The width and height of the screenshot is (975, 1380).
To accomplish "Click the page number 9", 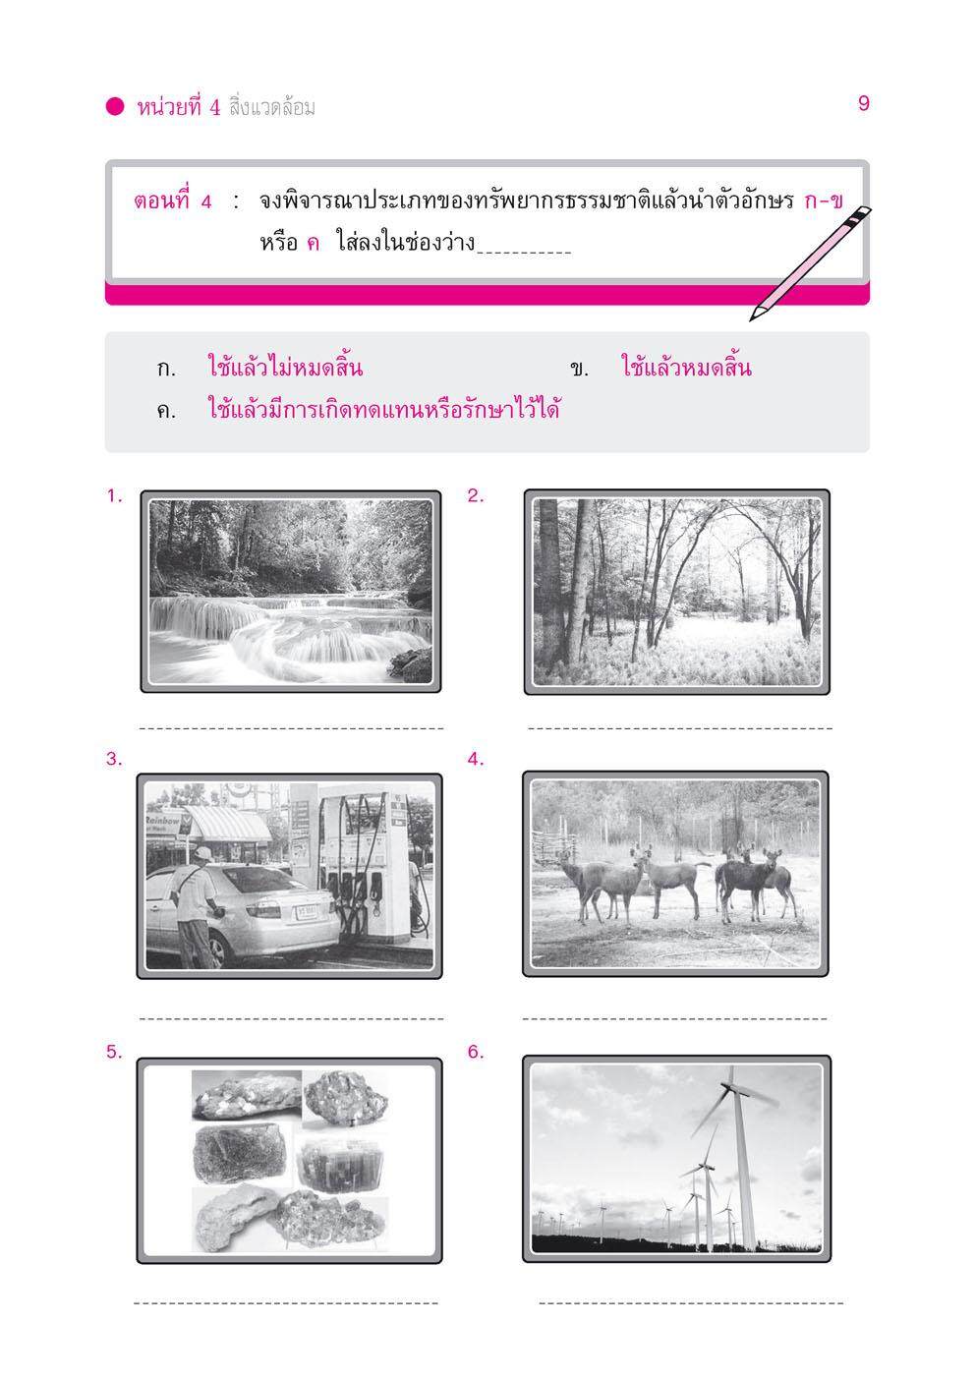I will point(863,103).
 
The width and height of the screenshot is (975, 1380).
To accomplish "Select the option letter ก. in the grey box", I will point(165,371).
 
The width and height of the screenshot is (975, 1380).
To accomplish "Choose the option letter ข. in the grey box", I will point(578,371).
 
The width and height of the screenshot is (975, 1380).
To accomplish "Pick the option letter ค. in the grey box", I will point(165,411).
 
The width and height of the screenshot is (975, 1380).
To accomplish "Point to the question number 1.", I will point(114,496).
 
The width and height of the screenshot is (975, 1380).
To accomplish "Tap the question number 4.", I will point(476,759).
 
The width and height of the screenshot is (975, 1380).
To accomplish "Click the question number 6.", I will point(476,1052).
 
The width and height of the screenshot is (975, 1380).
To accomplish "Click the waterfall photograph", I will point(290,591).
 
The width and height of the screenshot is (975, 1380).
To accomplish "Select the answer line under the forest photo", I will point(679,729).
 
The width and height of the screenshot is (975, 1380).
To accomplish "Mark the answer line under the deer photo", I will point(674,1018).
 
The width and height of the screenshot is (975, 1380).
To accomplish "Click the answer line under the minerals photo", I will point(285,1303).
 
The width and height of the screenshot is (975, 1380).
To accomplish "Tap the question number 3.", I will point(114,759).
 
